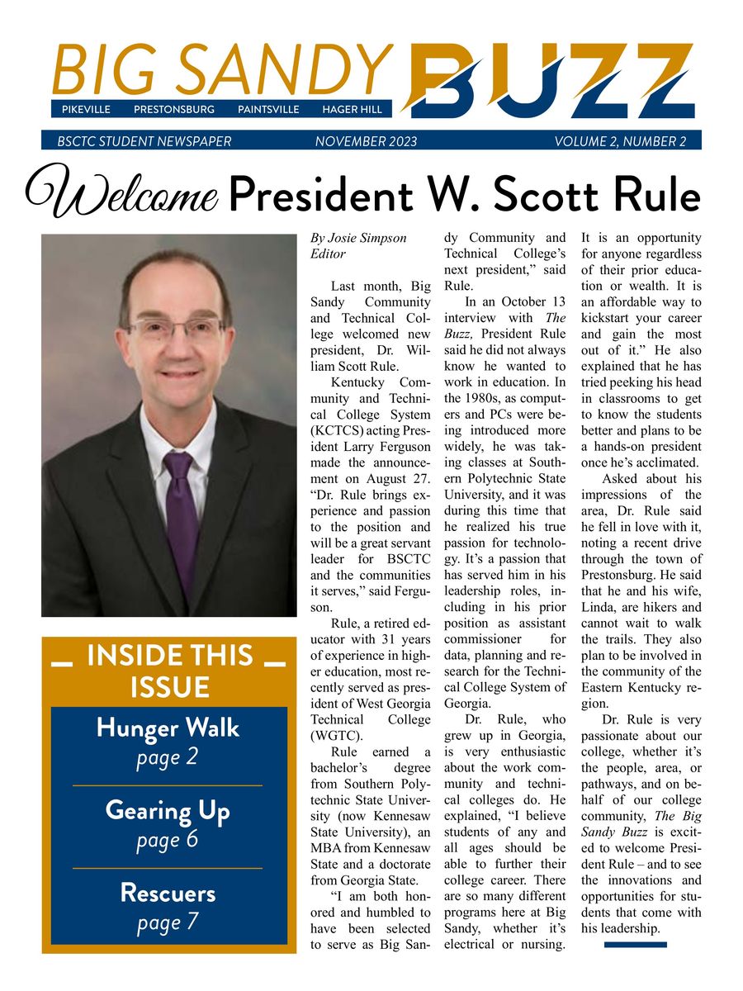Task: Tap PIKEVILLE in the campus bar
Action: point(86,110)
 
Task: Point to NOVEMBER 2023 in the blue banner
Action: point(366,141)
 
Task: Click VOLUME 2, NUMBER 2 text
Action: point(620,141)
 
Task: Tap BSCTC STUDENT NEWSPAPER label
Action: point(144,141)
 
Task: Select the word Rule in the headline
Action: point(657,195)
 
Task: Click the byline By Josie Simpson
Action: point(358,238)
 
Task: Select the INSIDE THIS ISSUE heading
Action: point(169,671)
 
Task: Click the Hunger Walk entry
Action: point(168,728)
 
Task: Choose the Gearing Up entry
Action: point(168,811)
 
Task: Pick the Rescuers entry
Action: point(168,893)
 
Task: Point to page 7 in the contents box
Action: point(168,922)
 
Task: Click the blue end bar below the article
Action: point(635,944)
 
